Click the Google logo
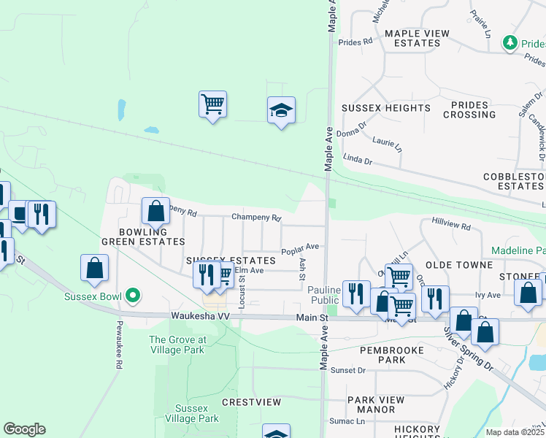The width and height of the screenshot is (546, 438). pyautogui.click(x=24, y=429)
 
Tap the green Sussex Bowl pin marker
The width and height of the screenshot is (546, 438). pyautogui.click(x=132, y=296)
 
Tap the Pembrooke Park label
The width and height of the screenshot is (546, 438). pyautogui.click(x=392, y=356)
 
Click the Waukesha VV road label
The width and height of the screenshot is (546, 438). pyautogui.click(x=200, y=316)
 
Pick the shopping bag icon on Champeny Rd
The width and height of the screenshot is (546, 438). pyautogui.click(x=155, y=211)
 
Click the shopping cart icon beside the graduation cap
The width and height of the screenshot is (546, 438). pyautogui.click(x=212, y=104)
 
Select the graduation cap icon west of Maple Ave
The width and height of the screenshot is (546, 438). pyautogui.click(x=281, y=110)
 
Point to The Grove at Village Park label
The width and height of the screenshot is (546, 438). pyautogui.click(x=177, y=345)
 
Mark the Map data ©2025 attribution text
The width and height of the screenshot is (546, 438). pyautogui.click(x=515, y=432)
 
